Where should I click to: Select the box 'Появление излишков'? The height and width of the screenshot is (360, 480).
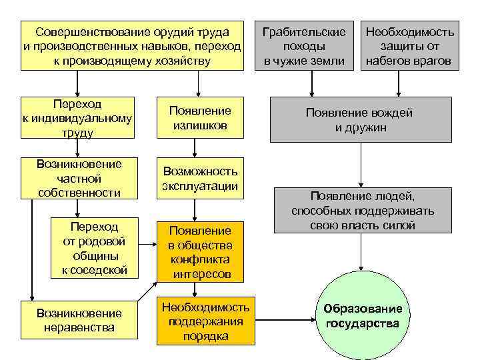(199, 118)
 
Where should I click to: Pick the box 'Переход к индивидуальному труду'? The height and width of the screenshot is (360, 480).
(77, 118)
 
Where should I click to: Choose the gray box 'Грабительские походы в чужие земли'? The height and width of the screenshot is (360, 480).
(304, 47)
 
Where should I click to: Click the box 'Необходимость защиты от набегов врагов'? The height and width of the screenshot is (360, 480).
(410, 47)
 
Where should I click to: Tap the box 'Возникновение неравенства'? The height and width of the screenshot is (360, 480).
(79, 320)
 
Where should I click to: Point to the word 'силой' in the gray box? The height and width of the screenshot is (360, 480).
(399, 226)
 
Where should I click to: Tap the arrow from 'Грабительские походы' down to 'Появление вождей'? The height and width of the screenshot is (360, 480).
(311, 83)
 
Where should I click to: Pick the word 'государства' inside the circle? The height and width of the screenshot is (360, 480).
(363, 324)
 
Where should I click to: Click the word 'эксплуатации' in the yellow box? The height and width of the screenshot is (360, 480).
(200, 186)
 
